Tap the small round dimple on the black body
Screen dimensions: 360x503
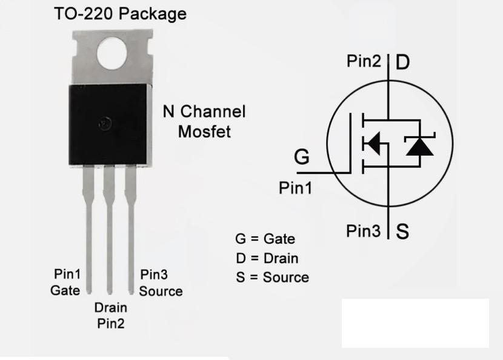(x=105, y=124)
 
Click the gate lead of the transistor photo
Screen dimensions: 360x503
(x=88, y=224)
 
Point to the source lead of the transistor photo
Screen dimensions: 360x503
(x=130, y=224)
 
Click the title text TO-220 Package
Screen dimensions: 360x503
(x=120, y=13)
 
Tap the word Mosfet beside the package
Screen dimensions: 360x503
(x=204, y=132)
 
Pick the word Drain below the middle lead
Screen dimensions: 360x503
(x=110, y=307)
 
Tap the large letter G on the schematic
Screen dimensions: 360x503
(x=301, y=157)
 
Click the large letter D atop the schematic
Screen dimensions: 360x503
(x=402, y=62)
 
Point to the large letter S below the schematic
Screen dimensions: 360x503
(x=402, y=231)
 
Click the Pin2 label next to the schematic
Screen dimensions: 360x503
(x=364, y=61)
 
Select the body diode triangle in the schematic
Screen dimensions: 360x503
(x=419, y=146)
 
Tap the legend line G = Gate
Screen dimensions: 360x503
(x=265, y=239)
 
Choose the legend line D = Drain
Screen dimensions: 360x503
(x=267, y=258)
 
